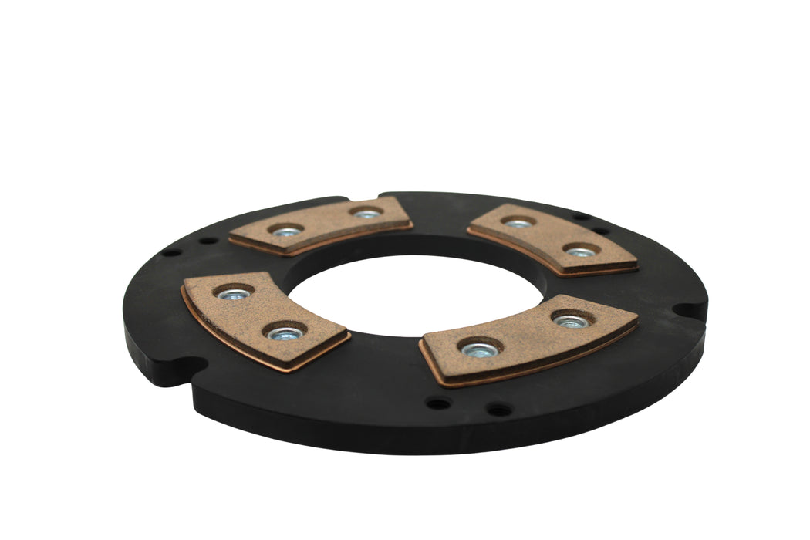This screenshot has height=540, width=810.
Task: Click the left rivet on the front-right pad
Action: [x=478, y=350]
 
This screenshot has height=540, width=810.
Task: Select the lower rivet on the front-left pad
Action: [x=285, y=334]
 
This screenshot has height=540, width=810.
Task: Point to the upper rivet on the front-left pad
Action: [x=233, y=294]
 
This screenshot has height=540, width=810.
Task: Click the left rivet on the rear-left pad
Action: [x=285, y=231]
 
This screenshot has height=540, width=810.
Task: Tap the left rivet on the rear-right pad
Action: [x=518, y=224]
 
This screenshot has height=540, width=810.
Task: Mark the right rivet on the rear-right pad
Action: [x=580, y=251]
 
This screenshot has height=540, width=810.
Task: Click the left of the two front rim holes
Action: [x=438, y=403]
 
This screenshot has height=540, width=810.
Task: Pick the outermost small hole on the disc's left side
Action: [x=172, y=251]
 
